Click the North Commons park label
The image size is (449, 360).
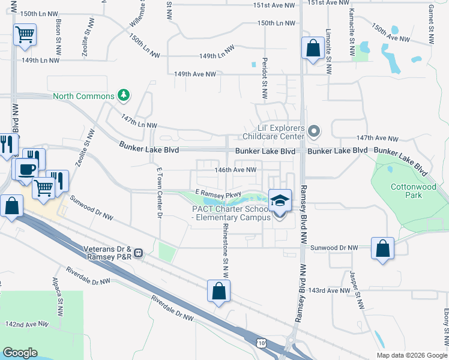[83, 96]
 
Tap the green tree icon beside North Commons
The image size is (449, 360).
[124, 95]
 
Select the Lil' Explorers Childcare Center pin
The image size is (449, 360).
[313, 131]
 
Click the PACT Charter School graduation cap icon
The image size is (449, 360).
[280, 200]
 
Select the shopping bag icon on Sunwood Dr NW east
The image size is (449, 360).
[383, 248]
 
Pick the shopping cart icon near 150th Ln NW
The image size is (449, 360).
[25, 34]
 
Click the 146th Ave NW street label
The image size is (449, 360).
[237, 170]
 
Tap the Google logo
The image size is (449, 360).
[20, 353]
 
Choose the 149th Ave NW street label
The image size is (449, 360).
[194, 74]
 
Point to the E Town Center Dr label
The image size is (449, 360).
[160, 193]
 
